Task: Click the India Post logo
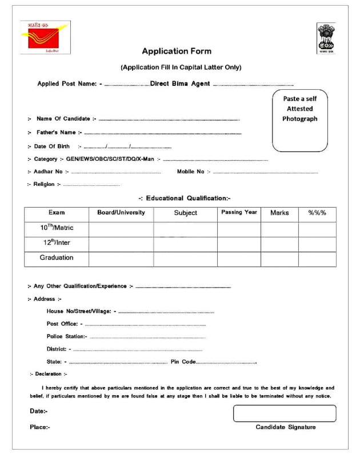45,38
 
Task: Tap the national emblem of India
326,38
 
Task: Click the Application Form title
177,51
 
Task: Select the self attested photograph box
299,120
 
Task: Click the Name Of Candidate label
63,119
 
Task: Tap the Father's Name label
55,133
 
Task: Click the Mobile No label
190,172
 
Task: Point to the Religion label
45,184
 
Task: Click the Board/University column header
121,213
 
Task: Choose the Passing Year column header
239,213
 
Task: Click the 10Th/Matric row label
57,228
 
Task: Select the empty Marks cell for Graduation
279,258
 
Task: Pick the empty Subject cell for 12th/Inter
185,243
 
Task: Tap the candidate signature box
284,413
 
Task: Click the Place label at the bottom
39,427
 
